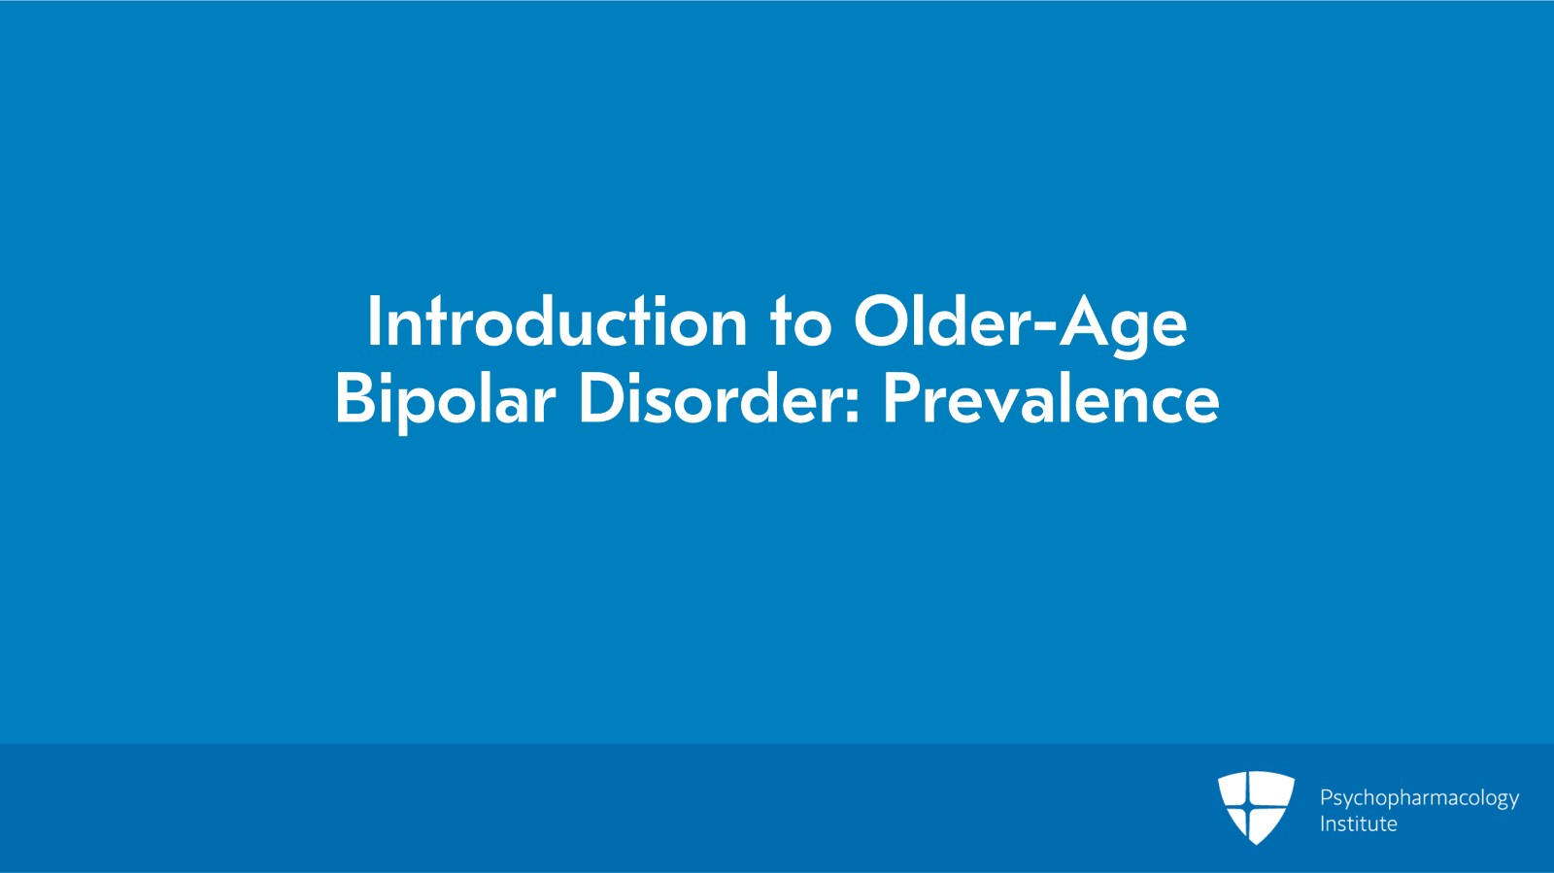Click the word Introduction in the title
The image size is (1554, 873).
coord(557,320)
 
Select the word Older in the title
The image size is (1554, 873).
coord(940,320)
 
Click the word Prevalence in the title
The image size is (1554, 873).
coord(1050,399)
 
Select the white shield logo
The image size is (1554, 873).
coord(1257,807)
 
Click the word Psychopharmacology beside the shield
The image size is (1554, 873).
coord(1419,799)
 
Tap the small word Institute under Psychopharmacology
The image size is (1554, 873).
coord(1359,823)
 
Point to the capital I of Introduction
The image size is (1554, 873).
coord(374,321)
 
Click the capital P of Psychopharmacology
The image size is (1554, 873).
coord(1326,797)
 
